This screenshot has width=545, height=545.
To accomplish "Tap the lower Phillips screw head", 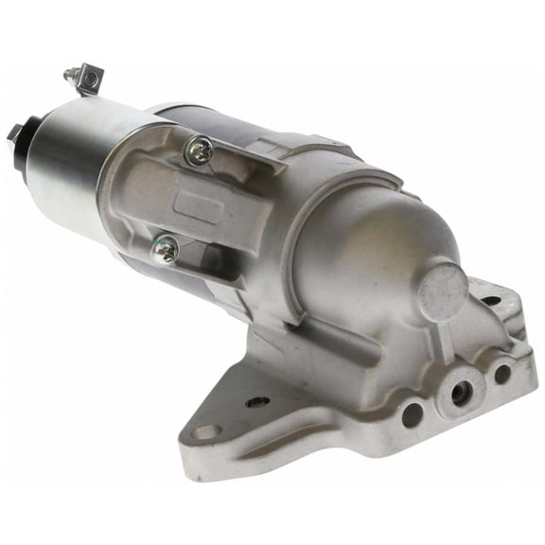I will point(165,250).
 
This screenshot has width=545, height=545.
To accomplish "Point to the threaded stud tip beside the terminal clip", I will point(69,73).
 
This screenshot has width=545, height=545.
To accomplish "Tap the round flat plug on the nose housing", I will point(443,291).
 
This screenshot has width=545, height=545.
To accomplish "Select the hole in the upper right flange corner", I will point(491,301).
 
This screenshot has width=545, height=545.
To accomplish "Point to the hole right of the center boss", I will point(501,374).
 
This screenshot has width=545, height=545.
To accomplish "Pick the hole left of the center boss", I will point(412,413).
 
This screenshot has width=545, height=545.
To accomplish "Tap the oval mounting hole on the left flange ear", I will point(205,432).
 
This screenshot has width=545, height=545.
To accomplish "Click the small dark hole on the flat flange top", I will point(257,401).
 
